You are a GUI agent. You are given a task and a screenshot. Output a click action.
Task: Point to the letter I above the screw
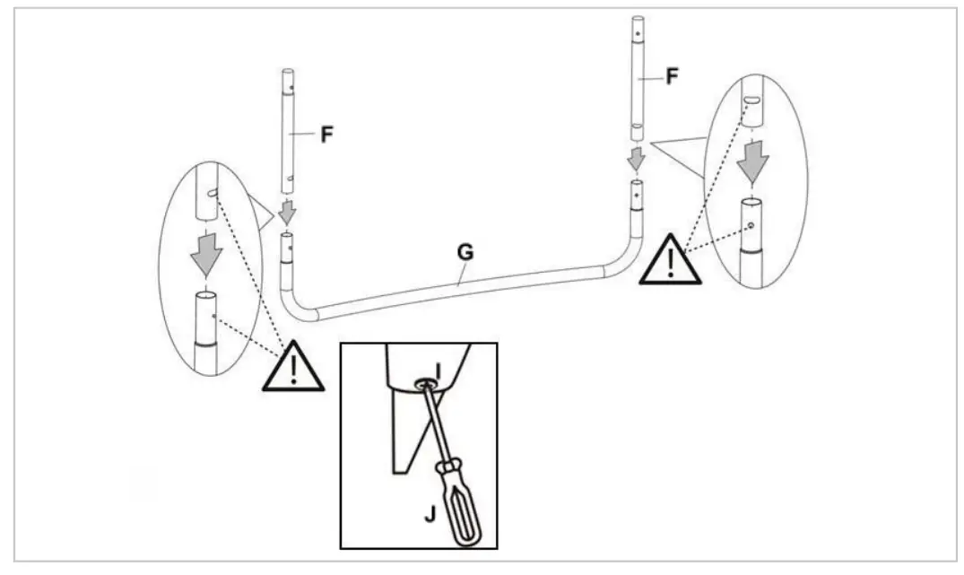pos(438,369)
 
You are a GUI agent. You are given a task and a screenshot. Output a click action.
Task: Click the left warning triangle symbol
pos(291,369)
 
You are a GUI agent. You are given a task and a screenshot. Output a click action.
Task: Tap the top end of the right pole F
pos(638,19)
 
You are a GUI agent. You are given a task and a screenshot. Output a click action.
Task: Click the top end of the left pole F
pos(289,72)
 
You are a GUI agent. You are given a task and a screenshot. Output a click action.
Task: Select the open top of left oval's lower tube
pos(207,294)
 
